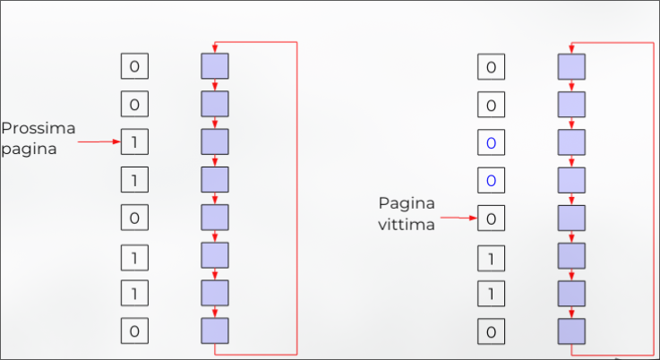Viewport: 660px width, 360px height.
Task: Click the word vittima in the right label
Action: (x=407, y=225)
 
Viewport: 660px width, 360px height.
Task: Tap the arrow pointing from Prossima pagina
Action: (x=99, y=141)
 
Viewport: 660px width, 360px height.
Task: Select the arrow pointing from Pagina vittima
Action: (x=458, y=218)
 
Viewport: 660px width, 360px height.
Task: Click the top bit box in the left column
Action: (x=134, y=66)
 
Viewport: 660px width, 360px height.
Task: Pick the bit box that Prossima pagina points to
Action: (x=134, y=141)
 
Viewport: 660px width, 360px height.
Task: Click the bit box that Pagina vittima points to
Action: (x=491, y=218)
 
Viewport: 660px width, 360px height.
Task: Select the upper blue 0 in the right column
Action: (x=491, y=142)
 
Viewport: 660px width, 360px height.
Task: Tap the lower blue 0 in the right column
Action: (x=491, y=180)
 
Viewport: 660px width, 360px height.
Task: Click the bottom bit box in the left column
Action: (x=134, y=331)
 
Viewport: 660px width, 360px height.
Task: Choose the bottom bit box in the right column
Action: (x=491, y=331)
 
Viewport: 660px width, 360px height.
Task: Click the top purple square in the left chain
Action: (x=215, y=66)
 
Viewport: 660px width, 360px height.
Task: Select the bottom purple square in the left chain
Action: (x=215, y=331)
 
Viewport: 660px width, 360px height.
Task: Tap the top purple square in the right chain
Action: (x=571, y=66)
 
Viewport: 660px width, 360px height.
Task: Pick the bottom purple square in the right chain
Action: (x=571, y=331)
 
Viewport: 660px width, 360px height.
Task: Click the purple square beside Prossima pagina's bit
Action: (x=215, y=141)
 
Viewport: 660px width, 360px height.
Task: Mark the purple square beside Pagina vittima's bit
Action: (x=571, y=218)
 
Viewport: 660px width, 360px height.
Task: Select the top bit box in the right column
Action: (x=491, y=66)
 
